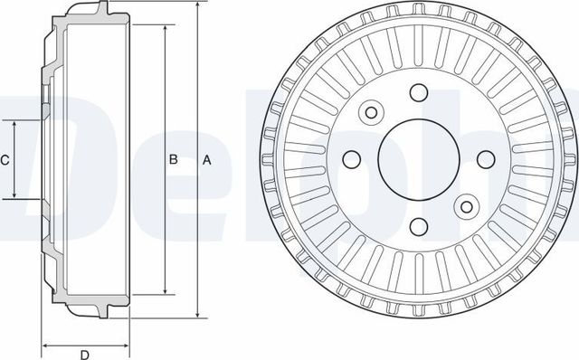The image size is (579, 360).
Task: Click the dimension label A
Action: pyautogui.click(x=206, y=160)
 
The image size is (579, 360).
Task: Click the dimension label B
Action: pyautogui.click(x=173, y=160)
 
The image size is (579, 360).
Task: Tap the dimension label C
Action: pyautogui.click(x=5, y=160)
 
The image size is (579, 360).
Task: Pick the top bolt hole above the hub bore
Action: pyautogui.click(x=418, y=93)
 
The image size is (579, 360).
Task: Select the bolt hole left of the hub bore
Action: pyautogui.click(x=352, y=159)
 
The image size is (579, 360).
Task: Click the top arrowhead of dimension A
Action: pyautogui.click(x=196, y=6)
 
